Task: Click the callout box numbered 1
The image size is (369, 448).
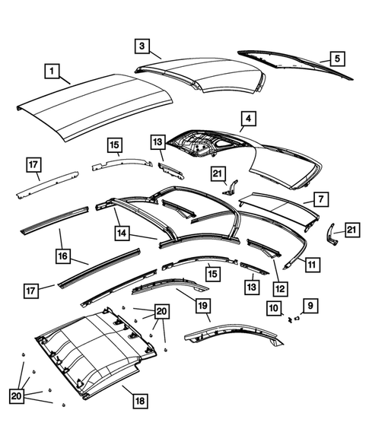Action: click(52, 72)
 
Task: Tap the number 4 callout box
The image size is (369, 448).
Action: click(249, 119)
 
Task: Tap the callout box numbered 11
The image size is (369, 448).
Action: click(311, 264)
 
